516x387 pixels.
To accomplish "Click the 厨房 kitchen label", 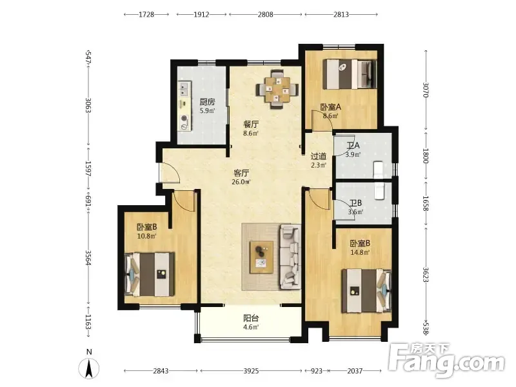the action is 207,102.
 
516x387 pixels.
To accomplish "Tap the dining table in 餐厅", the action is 277,89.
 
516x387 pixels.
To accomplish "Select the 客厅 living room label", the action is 241,173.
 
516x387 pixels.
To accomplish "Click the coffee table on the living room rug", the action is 261,257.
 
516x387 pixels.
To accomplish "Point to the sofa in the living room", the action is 290,257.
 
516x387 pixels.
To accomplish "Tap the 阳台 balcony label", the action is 251,318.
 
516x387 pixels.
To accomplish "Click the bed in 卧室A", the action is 350,74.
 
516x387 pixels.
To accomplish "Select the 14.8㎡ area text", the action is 360,252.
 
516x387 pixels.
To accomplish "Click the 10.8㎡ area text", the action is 146,236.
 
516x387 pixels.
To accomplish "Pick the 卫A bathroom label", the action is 353,145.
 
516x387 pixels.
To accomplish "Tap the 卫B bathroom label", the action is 355,203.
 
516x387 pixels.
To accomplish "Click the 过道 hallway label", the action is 318,157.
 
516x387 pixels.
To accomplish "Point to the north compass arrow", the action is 89,368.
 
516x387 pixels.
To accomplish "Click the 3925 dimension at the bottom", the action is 251,371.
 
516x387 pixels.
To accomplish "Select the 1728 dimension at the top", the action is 146,14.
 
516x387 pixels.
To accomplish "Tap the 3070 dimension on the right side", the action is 426,90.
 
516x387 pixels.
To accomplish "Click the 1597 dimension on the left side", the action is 88,168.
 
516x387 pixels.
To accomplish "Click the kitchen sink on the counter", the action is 184,88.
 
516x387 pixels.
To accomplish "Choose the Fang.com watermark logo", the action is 446,361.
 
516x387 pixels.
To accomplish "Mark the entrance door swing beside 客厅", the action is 170,172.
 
